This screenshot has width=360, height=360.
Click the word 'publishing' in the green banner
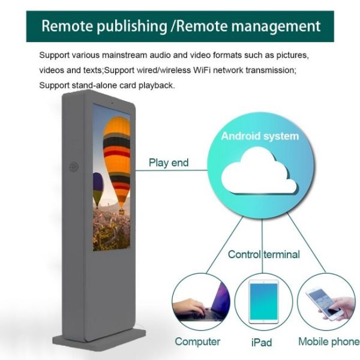coord(132,26)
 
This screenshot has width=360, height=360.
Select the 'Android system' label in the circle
coord(260,136)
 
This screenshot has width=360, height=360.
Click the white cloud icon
coord(259,172)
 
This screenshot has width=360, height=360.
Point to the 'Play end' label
coord(169,163)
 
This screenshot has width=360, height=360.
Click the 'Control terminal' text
coord(264,254)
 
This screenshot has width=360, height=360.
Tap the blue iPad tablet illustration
coord(263,302)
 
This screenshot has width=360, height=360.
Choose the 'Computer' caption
coord(197,341)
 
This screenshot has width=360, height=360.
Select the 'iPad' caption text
coord(262,343)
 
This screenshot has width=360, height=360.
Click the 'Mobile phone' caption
coord(329,341)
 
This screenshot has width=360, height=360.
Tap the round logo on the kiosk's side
coord(74,166)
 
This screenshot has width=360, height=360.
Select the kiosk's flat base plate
coord(99,340)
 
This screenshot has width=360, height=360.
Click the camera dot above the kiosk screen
coord(112,103)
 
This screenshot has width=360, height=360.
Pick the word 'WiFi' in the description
coord(202,70)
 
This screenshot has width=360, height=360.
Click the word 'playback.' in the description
coord(157,85)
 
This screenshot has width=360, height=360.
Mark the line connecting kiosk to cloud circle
coord(171,170)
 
